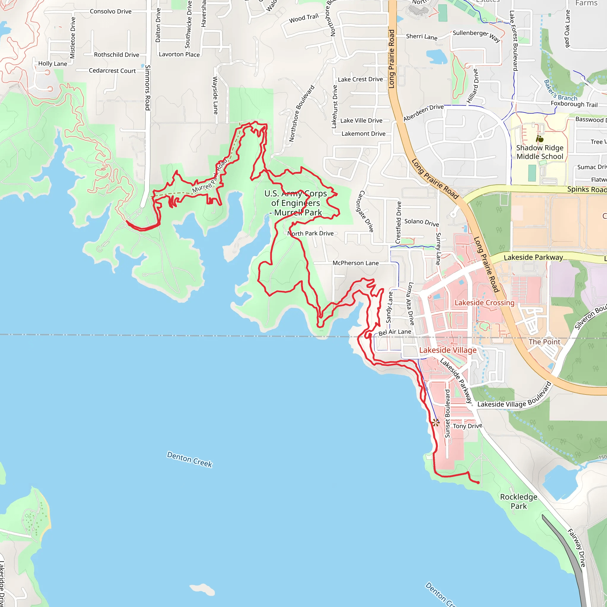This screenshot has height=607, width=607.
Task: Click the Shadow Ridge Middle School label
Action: pyautogui.click(x=540, y=152)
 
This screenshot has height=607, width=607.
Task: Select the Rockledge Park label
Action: pyautogui.click(x=519, y=501)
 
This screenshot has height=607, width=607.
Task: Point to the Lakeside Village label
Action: pyautogui.click(x=448, y=350)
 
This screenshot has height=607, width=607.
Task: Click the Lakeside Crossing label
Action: pyautogui.click(x=485, y=303)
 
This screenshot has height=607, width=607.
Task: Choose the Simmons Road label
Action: pyautogui.click(x=147, y=88)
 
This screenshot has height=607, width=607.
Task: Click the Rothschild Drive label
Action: pyautogui.click(x=116, y=55)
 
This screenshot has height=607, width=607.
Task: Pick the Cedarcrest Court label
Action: pyautogui.click(x=112, y=71)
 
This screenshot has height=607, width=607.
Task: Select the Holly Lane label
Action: pyautogui.click(x=52, y=64)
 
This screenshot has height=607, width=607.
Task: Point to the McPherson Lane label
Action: pyautogui.click(x=355, y=263)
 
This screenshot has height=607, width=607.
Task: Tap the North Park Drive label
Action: pyautogui.click(x=310, y=234)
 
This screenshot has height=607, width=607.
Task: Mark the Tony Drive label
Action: pyautogui.click(x=467, y=426)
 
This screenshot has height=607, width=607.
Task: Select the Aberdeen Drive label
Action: pyautogui.click(x=423, y=112)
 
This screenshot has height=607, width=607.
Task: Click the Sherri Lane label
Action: pyautogui.click(x=422, y=37)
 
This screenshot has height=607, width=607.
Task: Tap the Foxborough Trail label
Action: pyautogui.click(x=574, y=104)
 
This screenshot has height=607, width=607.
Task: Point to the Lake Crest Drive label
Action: pyautogui.click(x=360, y=79)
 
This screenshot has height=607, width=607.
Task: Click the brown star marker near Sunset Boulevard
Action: pyautogui.click(x=435, y=423)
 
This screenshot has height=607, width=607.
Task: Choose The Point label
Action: pyautogui.click(x=544, y=342)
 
